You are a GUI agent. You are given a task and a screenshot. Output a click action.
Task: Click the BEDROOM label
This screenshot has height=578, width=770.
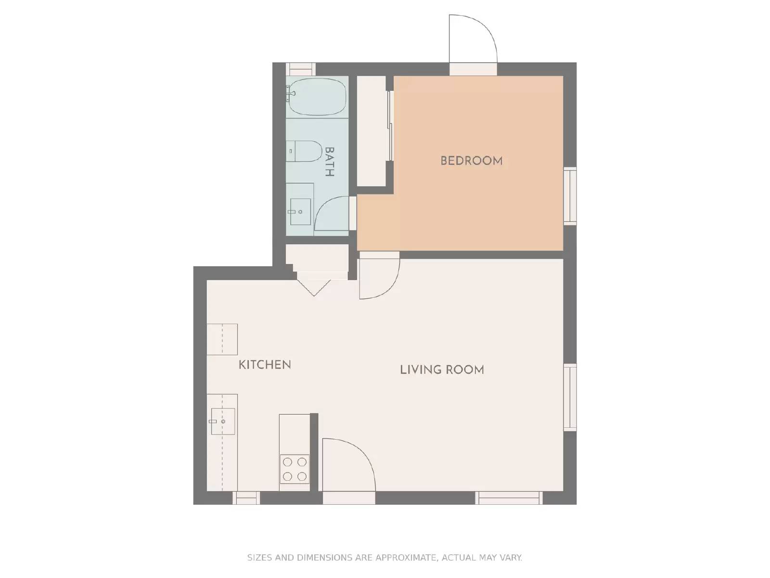[471, 161]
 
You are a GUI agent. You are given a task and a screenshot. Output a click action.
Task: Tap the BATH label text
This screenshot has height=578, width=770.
[330, 162]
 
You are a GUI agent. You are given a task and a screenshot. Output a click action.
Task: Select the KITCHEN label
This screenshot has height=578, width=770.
[265, 365]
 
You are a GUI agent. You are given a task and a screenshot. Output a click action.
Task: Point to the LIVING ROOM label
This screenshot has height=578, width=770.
[442, 370]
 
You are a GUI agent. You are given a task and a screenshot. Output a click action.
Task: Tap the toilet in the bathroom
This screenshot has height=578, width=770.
[304, 151]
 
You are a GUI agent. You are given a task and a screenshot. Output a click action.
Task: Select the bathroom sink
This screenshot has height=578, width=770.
[299, 211]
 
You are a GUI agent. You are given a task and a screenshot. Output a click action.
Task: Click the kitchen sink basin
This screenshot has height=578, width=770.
[222, 421]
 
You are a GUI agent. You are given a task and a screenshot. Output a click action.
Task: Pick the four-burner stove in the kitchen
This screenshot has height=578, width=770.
[295, 469]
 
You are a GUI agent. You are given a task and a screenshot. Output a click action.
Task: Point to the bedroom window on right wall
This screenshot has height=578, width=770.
[570, 196]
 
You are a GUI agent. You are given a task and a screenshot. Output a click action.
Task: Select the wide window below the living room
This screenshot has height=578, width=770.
[509, 498]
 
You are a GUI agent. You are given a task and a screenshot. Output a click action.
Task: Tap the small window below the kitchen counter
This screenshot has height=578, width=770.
[246, 498]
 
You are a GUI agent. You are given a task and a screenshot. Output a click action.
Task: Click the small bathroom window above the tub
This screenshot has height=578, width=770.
[301, 69]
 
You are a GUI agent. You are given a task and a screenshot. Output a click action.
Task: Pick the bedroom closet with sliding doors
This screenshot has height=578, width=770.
[371, 131]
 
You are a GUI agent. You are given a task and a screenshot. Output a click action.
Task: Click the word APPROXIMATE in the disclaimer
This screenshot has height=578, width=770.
[406, 558]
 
